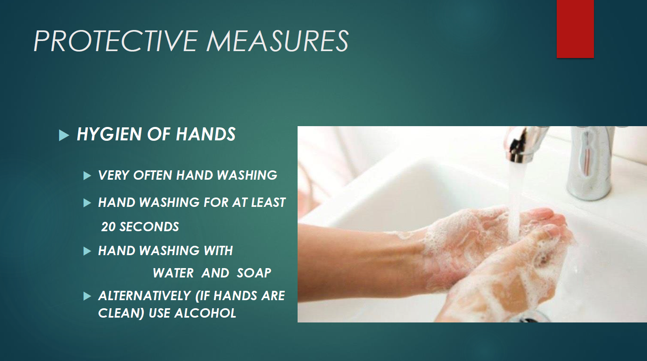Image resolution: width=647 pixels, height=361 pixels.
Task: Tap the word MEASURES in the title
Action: point(277,41)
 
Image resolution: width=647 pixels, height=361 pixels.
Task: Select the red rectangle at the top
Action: point(575,29)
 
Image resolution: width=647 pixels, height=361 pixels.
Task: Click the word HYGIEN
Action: point(109,134)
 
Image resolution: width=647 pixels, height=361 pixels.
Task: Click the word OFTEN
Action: point(153,175)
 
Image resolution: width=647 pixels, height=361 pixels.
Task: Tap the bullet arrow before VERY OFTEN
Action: point(87,176)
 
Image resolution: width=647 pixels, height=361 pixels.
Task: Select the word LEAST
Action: point(268,202)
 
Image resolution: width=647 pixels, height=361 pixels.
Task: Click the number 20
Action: point(109,227)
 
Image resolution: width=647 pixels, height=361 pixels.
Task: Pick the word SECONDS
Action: point(149,227)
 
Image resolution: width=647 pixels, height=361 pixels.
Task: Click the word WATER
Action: point(173,273)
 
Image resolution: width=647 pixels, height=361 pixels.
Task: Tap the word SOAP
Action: point(254,273)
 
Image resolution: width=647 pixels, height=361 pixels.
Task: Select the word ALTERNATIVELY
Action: point(145,296)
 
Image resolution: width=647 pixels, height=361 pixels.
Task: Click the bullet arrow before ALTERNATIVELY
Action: point(87,296)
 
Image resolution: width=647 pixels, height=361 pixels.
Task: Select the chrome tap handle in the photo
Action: point(589,162)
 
